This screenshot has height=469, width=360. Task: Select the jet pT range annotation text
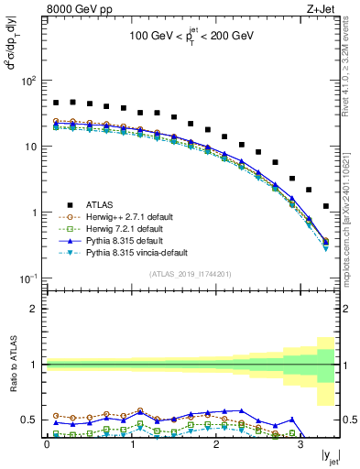[191, 40]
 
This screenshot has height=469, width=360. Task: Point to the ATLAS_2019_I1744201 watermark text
[191, 274]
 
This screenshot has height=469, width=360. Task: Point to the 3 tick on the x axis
[300, 446]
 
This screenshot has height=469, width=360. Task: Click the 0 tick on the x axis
[47, 446]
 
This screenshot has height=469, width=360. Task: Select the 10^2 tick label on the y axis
[27, 81]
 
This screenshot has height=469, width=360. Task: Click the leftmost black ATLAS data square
[56, 103]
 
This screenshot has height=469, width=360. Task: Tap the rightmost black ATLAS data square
[326, 207]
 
